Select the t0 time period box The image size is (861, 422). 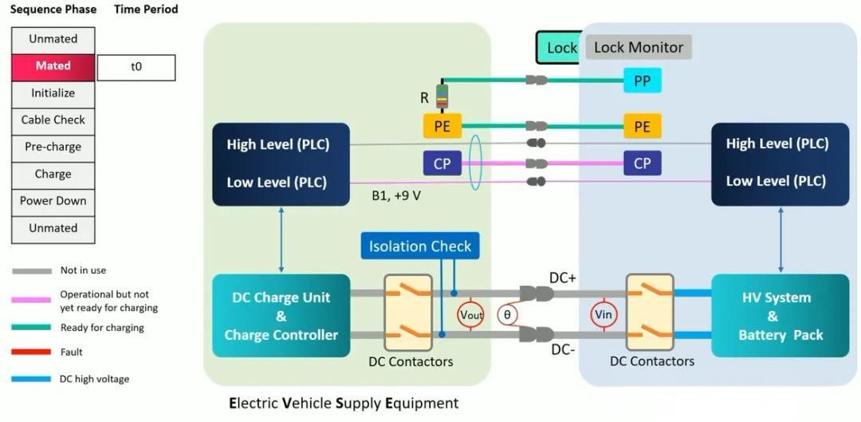[x=136, y=68]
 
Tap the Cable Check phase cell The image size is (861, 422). [x=53, y=120]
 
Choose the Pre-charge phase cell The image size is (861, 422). [x=53, y=148]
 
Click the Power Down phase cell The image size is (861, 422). [x=53, y=201]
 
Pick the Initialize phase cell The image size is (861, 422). [x=53, y=93]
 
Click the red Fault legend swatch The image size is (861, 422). [x=32, y=352]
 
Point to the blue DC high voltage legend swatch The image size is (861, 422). [x=32, y=379]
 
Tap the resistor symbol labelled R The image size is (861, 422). [x=442, y=97]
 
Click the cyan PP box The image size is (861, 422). [x=642, y=81]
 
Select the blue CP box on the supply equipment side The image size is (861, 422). [x=442, y=164]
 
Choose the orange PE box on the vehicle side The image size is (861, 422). [x=642, y=126]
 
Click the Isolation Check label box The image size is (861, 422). [x=420, y=246]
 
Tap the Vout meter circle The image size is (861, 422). [x=471, y=315]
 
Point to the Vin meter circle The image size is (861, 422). [x=603, y=315]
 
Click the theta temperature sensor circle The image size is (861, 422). [x=507, y=315]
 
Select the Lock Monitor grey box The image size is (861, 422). [x=639, y=47]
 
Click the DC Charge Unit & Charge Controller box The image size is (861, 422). [x=281, y=316]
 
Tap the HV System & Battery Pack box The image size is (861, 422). [x=780, y=316]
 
